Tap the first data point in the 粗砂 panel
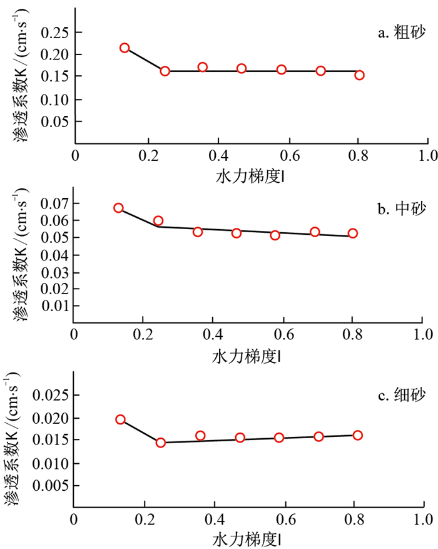click(125, 48)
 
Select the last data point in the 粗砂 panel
click(359, 75)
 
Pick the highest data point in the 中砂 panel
click(118, 208)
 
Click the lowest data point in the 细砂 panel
click(160, 443)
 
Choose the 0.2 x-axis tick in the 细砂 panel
click(145, 520)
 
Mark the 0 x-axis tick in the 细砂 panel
click(74, 520)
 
